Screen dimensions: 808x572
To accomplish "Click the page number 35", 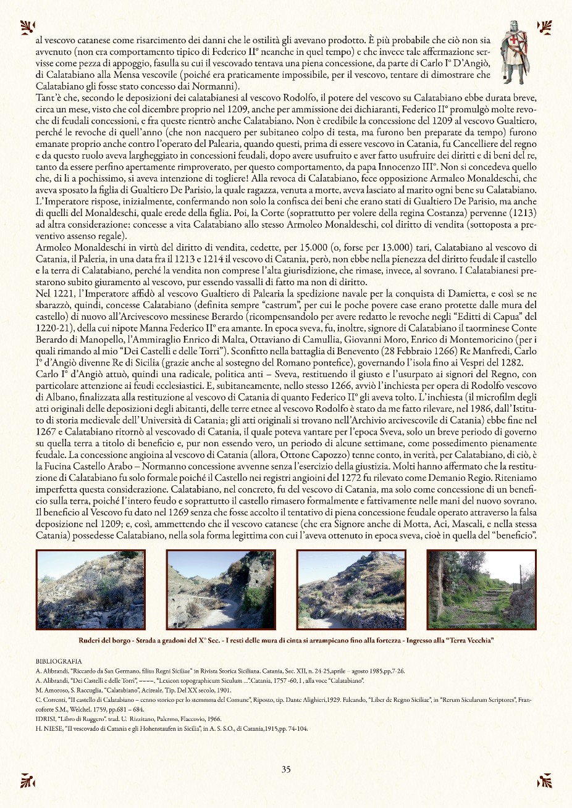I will (x=286, y=769).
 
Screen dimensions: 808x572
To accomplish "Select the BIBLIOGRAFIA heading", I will (x=59, y=661).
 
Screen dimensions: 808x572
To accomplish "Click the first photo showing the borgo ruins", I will (x=90, y=589).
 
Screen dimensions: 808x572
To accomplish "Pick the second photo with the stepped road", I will (x=221, y=589).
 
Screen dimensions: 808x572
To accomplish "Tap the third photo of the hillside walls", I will (x=351, y=589).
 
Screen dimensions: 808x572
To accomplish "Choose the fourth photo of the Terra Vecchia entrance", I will (x=481, y=589).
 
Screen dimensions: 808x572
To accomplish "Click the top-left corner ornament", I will (x=27, y=27).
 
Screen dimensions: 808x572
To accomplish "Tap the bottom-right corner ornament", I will (x=544, y=780).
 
